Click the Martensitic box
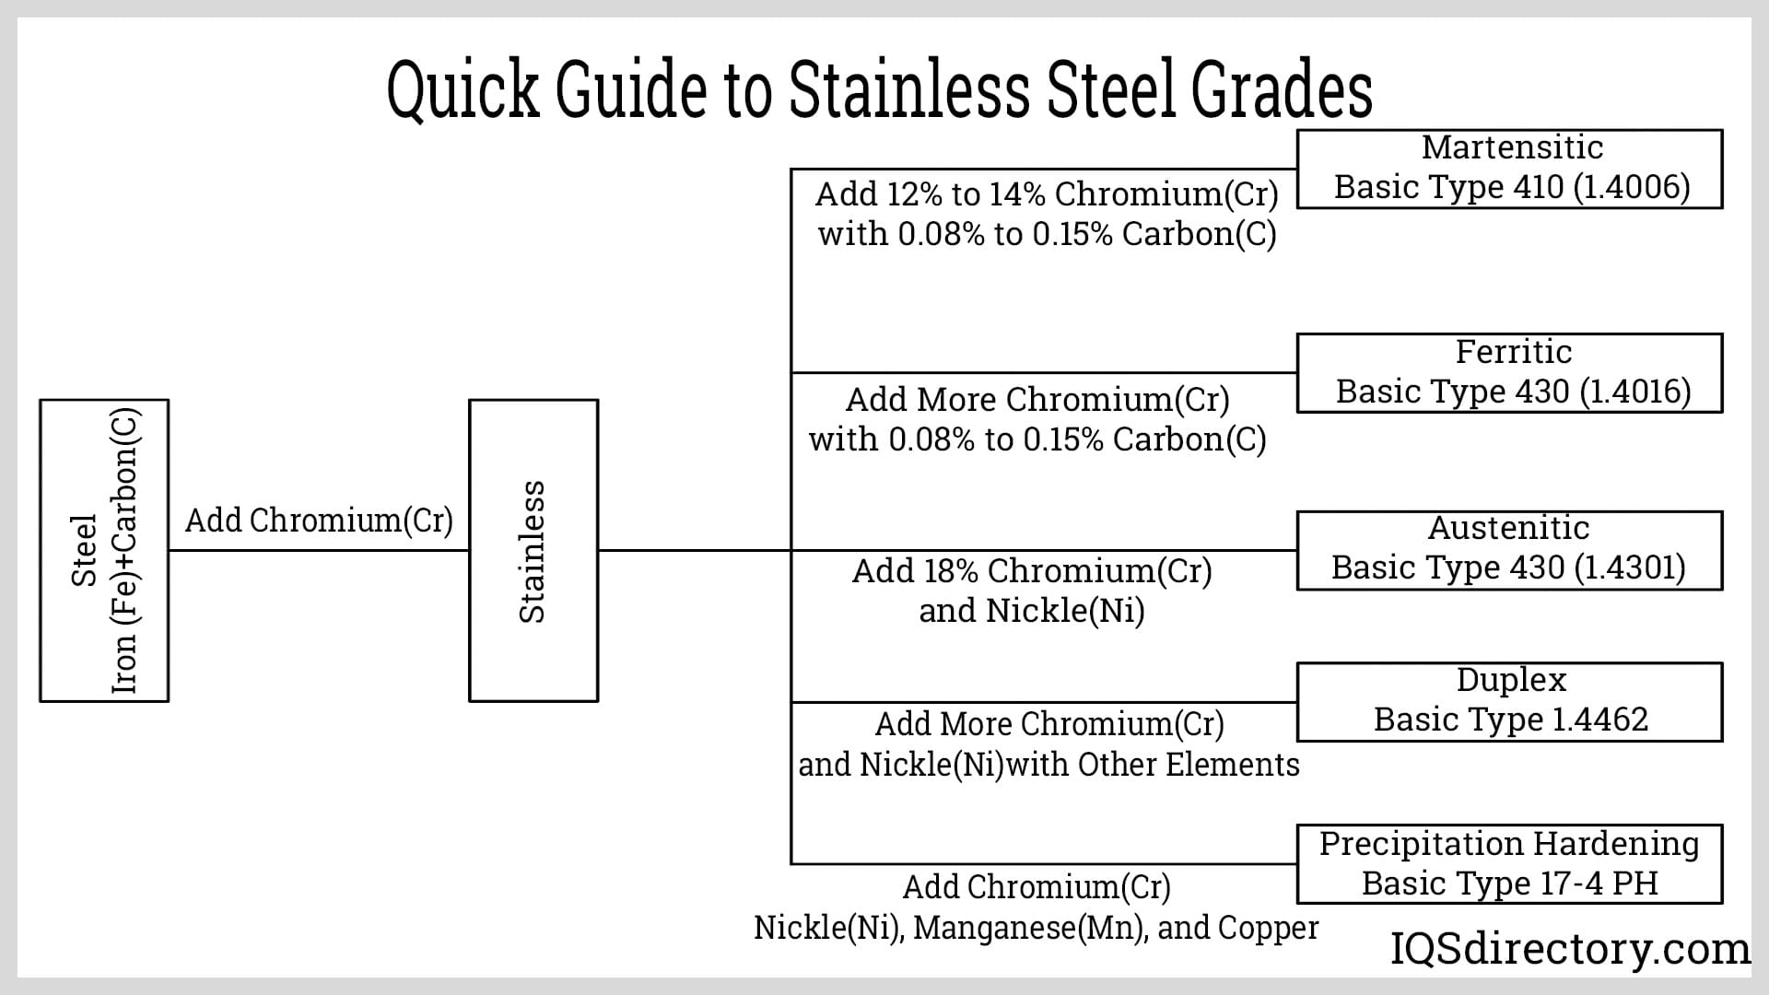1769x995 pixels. [x=1509, y=169]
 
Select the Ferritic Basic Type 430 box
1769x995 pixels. [x=1509, y=373]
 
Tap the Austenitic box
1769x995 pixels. [x=1509, y=550]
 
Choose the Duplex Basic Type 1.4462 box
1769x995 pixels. [x=1509, y=702]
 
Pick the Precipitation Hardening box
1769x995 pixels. [x=1509, y=864]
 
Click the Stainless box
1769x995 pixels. [x=533, y=551]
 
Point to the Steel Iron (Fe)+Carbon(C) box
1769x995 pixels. [x=104, y=551]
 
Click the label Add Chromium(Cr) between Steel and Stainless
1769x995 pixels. [x=319, y=521]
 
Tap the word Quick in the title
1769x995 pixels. [x=463, y=90]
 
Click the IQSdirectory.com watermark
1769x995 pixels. [x=1569, y=949]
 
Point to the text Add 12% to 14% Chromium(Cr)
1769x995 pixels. [x=1047, y=194]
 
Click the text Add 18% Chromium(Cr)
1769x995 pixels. [x=1032, y=571]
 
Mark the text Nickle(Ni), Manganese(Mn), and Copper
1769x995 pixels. [x=1036, y=927]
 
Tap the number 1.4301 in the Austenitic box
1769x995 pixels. [x=1630, y=568]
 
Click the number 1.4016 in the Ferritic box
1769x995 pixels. [x=1635, y=392]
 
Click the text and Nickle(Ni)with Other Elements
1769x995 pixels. [x=1049, y=765]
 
